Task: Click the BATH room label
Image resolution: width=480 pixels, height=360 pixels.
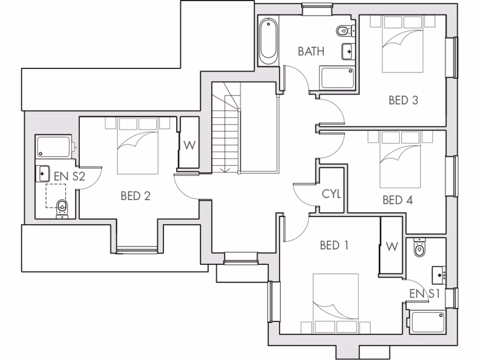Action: tap(311, 51)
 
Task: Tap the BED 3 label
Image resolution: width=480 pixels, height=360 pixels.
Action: tap(403, 100)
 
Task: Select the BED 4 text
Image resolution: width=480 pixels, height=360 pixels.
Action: tap(397, 200)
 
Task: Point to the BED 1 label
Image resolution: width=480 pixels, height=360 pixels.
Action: tap(334, 245)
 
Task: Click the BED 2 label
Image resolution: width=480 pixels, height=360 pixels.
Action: tap(135, 196)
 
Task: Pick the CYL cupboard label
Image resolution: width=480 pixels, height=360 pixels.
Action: tap(331, 194)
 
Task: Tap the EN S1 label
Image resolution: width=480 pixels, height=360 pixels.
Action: tap(424, 294)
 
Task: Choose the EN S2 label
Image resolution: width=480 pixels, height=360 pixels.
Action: tap(69, 177)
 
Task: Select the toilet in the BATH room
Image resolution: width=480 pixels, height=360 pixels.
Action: tap(345, 31)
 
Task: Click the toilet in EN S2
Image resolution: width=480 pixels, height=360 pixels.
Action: tap(62, 208)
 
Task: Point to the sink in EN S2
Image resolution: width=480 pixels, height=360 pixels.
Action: tap(43, 173)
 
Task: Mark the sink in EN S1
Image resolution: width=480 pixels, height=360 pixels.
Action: tap(439, 274)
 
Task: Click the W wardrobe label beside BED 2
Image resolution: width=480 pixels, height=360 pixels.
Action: tap(189, 145)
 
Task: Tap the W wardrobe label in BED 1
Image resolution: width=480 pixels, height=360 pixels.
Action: tap(392, 246)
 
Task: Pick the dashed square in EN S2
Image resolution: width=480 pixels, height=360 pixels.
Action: tap(56, 195)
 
